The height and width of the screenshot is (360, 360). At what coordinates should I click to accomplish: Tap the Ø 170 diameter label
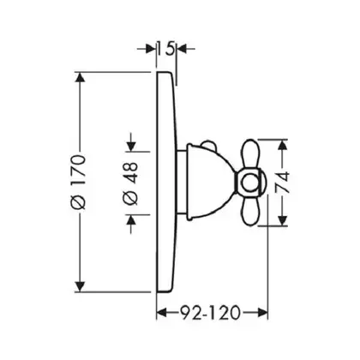point(78,183)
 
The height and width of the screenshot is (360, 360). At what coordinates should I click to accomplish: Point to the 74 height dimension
point(282,182)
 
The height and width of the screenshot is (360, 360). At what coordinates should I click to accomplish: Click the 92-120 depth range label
point(210,313)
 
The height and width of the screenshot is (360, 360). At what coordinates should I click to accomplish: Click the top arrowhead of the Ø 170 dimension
point(80,77)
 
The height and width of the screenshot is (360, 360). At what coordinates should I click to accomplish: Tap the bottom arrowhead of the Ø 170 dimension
point(80,286)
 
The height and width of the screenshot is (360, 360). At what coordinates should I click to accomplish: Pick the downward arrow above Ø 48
point(131,142)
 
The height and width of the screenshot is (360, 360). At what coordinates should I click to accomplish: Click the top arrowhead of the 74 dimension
point(283,145)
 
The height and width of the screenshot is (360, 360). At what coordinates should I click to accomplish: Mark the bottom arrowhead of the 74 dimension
point(283,219)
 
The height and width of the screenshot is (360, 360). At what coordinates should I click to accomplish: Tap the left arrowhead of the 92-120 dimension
point(162,313)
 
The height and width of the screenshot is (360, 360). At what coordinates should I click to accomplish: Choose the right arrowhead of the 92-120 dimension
point(262,313)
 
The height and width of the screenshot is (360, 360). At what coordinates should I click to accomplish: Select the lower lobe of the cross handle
point(251,209)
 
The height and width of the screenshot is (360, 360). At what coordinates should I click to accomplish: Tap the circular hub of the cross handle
point(249,183)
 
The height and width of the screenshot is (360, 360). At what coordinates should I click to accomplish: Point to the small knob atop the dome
point(209,145)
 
